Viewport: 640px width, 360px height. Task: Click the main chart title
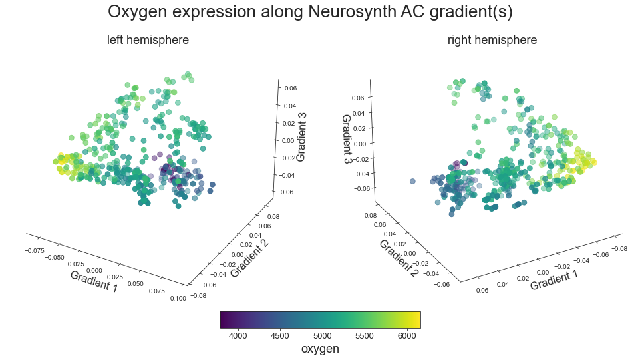tap(310, 12)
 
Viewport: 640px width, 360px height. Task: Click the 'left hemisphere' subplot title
tap(148, 40)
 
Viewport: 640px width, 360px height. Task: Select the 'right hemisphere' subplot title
tap(492, 40)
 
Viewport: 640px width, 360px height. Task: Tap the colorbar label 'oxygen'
tap(320, 349)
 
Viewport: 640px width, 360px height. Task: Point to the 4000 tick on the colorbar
tap(238, 335)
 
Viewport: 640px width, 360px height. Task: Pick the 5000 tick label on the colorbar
tap(322, 335)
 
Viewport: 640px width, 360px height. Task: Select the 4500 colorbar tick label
tap(280, 335)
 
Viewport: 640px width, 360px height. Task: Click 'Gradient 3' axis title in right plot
tap(347, 140)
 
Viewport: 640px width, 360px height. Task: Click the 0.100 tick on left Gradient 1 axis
tap(178, 299)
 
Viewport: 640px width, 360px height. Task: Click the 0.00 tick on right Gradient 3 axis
tap(359, 143)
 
